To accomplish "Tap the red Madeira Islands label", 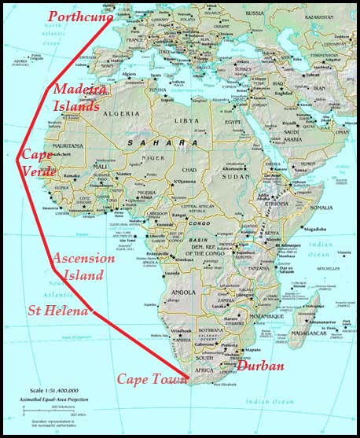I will tap(77, 99).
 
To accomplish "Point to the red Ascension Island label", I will tap(83, 267).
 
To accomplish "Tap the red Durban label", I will tap(260, 366).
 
